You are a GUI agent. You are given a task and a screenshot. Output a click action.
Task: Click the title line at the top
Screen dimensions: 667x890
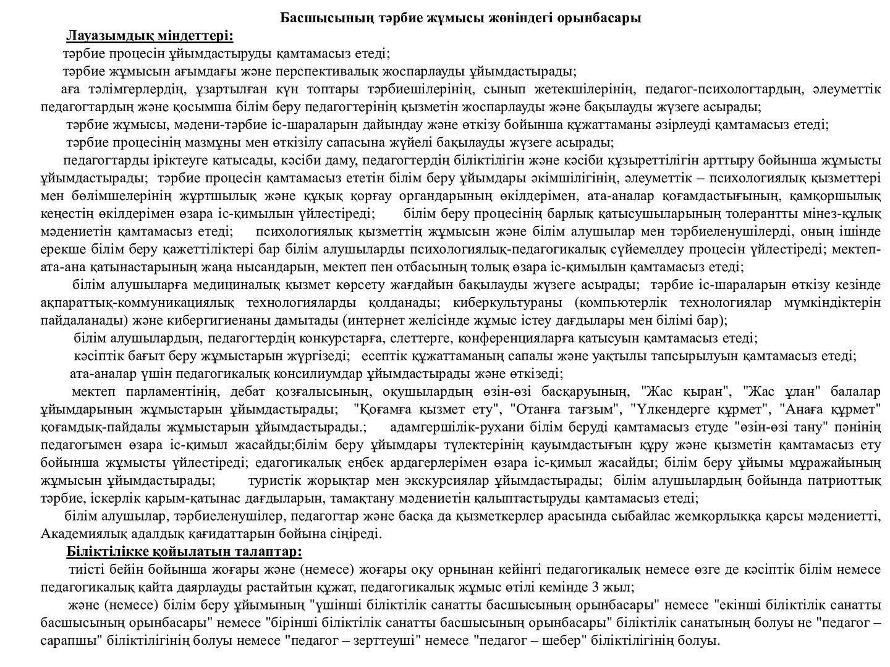[x=460, y=17]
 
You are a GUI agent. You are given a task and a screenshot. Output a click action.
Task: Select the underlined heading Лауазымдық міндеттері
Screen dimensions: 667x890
[x=150, y=35]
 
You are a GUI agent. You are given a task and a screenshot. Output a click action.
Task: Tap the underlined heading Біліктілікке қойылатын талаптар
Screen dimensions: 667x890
[x=184, y=551]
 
